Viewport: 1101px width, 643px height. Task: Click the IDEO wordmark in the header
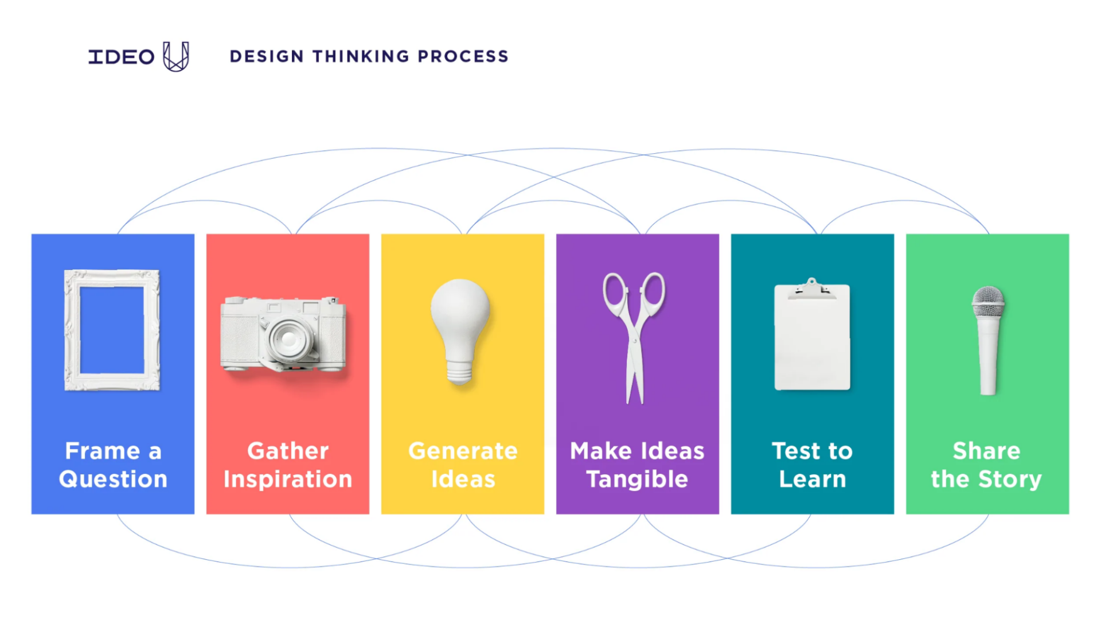121,57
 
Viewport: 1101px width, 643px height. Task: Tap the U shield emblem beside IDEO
175,56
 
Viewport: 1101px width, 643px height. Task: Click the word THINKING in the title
361,56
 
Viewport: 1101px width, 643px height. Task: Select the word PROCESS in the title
463,56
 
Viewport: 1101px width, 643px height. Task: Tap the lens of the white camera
289,338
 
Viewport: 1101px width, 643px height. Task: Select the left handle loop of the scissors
615,290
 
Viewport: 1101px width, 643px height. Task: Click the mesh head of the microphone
988,301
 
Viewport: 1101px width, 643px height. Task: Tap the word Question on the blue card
113,479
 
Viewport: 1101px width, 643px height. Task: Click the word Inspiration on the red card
288,479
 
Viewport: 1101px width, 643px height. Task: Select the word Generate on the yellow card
463,451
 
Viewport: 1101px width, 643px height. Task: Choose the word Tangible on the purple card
637,479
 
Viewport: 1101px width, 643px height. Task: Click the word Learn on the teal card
812,479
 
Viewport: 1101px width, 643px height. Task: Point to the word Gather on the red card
288,451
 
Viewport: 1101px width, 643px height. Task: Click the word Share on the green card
986,451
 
